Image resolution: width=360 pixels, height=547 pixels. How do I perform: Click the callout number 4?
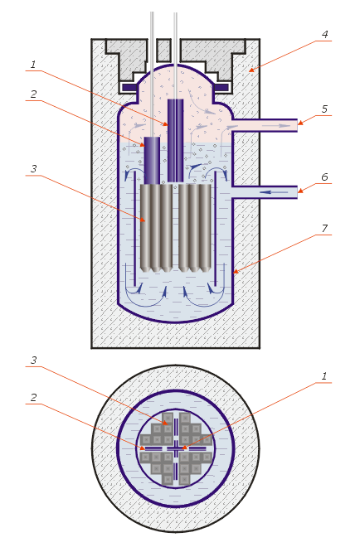tap(324, 35)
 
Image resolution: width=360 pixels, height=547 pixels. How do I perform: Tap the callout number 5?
tap(324, 109)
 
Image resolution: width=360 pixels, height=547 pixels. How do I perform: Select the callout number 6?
tap(324, 177)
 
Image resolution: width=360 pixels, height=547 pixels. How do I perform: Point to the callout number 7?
tap(324, 229)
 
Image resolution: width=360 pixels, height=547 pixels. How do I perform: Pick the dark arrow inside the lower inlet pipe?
tap(274, 192)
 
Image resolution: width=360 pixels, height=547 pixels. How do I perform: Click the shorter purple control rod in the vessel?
tap(152, 161)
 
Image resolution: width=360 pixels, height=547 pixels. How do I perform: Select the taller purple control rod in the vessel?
tap(175, 141)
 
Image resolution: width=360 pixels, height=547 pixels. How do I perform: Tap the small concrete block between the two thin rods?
tap(163, 51)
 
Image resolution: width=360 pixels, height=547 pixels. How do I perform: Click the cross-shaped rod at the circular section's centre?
tap(176, 448)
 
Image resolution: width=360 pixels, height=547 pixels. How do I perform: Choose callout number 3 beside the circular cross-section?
tap(33, 361)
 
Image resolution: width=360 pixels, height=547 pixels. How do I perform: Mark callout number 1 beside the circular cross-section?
tap(324, 376)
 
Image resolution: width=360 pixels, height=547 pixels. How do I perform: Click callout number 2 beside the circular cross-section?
tap(33, 398)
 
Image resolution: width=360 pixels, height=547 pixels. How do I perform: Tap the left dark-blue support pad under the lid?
tap(129, 87)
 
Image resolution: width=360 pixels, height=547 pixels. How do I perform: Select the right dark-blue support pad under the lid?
tap(221, 87)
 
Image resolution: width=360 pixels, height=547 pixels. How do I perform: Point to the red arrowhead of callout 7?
tap(236, 271)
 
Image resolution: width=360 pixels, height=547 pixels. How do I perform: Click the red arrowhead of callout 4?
tap(251, 70)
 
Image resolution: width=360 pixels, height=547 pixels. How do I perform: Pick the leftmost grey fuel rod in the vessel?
tap(145, 228)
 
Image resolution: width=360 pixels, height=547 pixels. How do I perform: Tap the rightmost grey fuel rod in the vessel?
tap(206, 228)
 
